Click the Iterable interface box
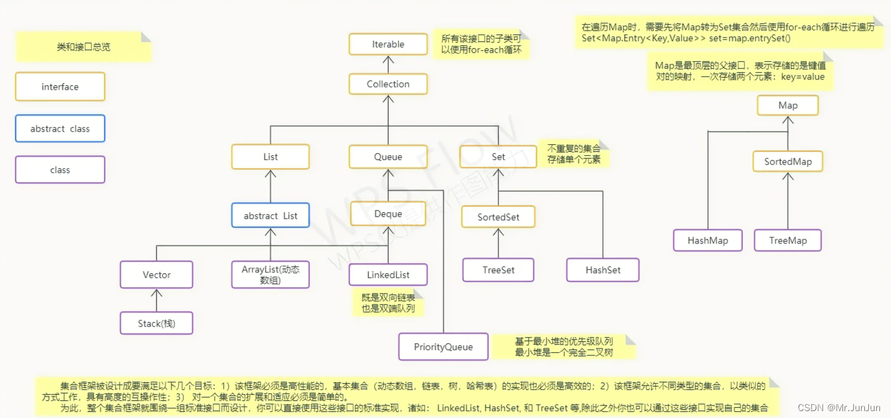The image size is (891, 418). pos(388,45)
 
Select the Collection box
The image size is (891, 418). pos(388,84)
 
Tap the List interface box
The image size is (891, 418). pos(271,157)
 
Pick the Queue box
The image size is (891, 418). pos(388,157)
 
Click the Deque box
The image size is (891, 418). pos(388,214)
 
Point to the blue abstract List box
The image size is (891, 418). pos(271,216)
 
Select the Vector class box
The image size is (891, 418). pos(156,275)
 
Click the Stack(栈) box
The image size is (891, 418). pos(156,323)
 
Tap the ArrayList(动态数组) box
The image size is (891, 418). pos(271,275)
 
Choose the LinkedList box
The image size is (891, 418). pos(388,275)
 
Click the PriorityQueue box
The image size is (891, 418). pos(443,347)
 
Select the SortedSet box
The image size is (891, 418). pos(498,218)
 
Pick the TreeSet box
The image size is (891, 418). pos(498,270)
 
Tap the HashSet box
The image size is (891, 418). pos(603,270)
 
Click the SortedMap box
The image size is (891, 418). pos(788,162)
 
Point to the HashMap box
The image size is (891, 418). pos(708,241)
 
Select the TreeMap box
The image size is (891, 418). pos(788,241)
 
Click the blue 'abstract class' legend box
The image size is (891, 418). pos(60,129)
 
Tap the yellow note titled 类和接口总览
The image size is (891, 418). pos(83,47)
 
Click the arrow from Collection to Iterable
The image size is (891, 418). pos(388,65)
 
